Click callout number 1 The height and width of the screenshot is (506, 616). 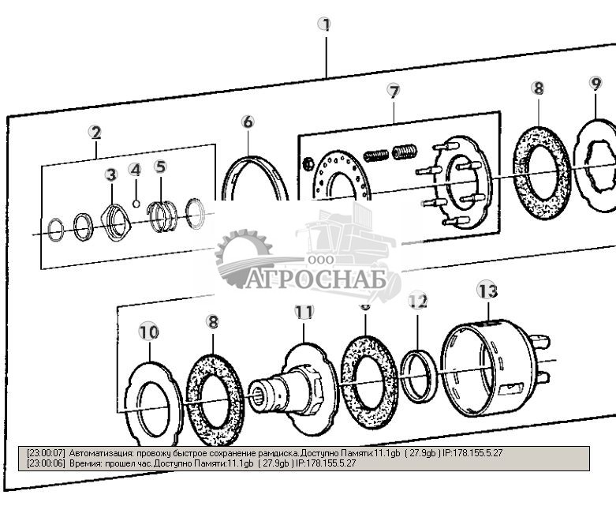pos(324,24)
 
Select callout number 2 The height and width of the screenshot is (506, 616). pos(95,133)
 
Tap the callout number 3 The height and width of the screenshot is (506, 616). pos(111,174)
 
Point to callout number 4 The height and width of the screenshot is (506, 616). pos(135,170)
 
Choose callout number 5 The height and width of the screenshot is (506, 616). pos(160,167)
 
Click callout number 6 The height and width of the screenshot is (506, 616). pos(248,122)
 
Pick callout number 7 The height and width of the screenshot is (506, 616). pos(394,91)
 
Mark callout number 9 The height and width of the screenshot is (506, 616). pos(595,83)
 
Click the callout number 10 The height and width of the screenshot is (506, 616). pos(148,332)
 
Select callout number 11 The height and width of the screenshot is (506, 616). pos(304,312)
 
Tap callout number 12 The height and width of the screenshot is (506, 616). pos(417,301)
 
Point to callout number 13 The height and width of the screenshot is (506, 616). pos(487,291)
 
